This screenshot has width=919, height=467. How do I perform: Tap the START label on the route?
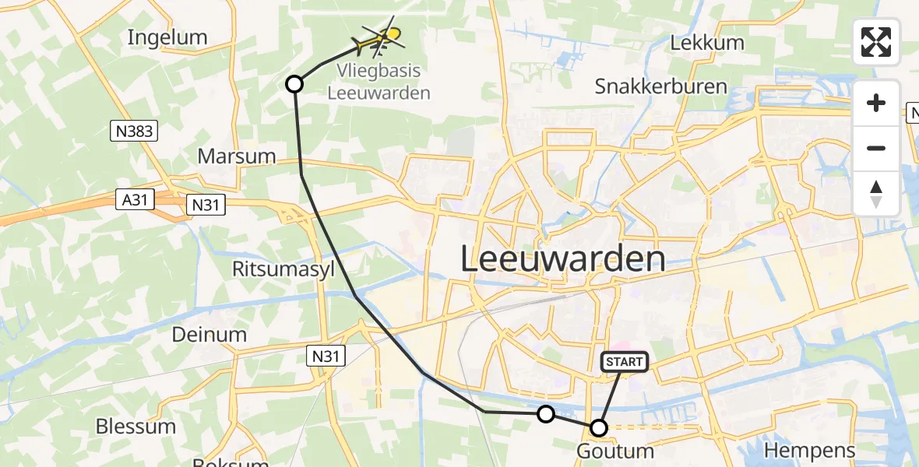click(624, 361)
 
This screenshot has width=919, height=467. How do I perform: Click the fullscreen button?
click(876, 42)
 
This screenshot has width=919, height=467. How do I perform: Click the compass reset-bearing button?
click(876, 194)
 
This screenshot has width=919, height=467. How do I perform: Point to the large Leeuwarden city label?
click(563, 258)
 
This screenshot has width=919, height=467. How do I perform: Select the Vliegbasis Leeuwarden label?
click(379, 82)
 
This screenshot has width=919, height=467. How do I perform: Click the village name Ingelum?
click(167, 37)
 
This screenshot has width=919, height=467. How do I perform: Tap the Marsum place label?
click(237, 156)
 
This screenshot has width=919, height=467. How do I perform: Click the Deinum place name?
click(209, 335)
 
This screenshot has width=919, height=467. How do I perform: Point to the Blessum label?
click(136, 427)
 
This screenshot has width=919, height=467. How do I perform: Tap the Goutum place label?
click(614, 451)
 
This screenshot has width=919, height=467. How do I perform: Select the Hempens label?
click(810, 450)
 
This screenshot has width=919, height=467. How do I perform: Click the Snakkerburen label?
click(661, 86)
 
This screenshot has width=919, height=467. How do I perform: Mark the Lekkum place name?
click(707, 43)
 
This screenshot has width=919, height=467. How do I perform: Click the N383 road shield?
click(133, 132)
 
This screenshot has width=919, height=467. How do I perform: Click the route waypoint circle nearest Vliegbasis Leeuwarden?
click(294, 83)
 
